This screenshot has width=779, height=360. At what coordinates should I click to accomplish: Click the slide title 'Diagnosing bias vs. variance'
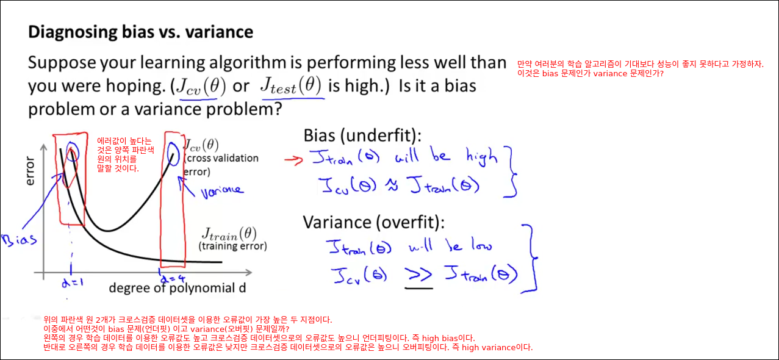point(140,32)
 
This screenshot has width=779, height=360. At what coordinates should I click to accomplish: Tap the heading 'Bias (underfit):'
point(362,135)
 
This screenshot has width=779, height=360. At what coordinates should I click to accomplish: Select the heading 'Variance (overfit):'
point(373,222)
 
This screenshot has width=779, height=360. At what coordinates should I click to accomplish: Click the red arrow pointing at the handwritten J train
point(293,160)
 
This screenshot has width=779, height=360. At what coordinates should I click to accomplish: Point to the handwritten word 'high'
point(483,157)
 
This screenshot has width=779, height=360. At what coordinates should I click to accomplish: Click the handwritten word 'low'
point(482,245)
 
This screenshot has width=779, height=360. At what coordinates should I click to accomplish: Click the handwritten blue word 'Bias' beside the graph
point(19,240)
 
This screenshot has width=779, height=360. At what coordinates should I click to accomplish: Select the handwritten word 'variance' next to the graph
point(222,191)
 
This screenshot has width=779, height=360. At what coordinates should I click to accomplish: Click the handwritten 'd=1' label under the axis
point(73,283)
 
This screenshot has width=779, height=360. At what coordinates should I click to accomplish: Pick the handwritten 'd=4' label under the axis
point(173,278)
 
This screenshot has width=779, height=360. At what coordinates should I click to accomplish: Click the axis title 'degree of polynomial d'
point(178,288)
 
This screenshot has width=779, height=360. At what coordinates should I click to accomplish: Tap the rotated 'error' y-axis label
point(31,171)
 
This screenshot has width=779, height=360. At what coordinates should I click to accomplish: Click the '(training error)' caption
point(232,247)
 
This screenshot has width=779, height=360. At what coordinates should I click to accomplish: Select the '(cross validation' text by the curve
point(221,158)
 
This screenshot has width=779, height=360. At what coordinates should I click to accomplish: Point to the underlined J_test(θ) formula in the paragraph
point(291,85)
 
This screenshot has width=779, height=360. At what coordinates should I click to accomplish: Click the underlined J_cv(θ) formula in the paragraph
point(201,87)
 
